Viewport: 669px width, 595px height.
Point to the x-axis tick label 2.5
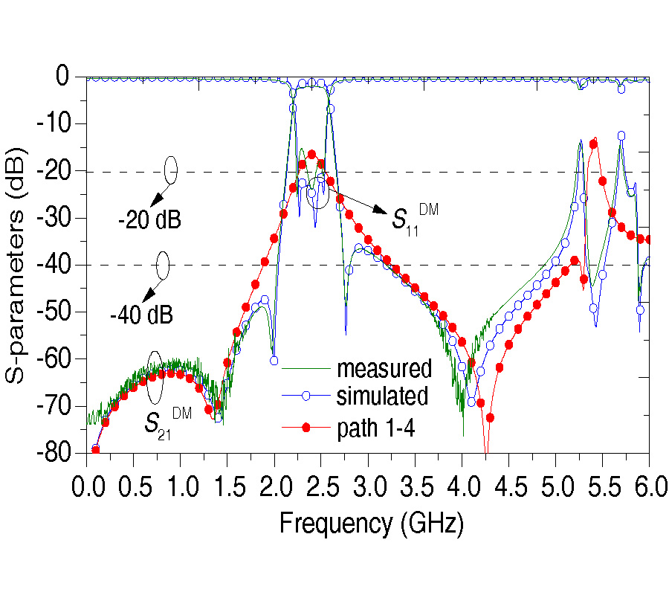point(321,489)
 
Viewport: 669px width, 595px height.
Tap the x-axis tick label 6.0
point(649,489)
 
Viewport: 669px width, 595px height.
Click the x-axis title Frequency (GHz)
point(372,524)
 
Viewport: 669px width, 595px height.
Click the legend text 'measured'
point(384,369)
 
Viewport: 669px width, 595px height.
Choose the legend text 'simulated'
point(382,396)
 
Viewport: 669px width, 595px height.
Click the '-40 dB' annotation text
point(141,315)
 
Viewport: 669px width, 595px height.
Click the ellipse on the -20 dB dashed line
point(171,170)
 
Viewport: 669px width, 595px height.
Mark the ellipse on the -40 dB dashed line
point(163,264)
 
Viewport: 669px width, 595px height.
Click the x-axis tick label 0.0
point(87,489)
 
